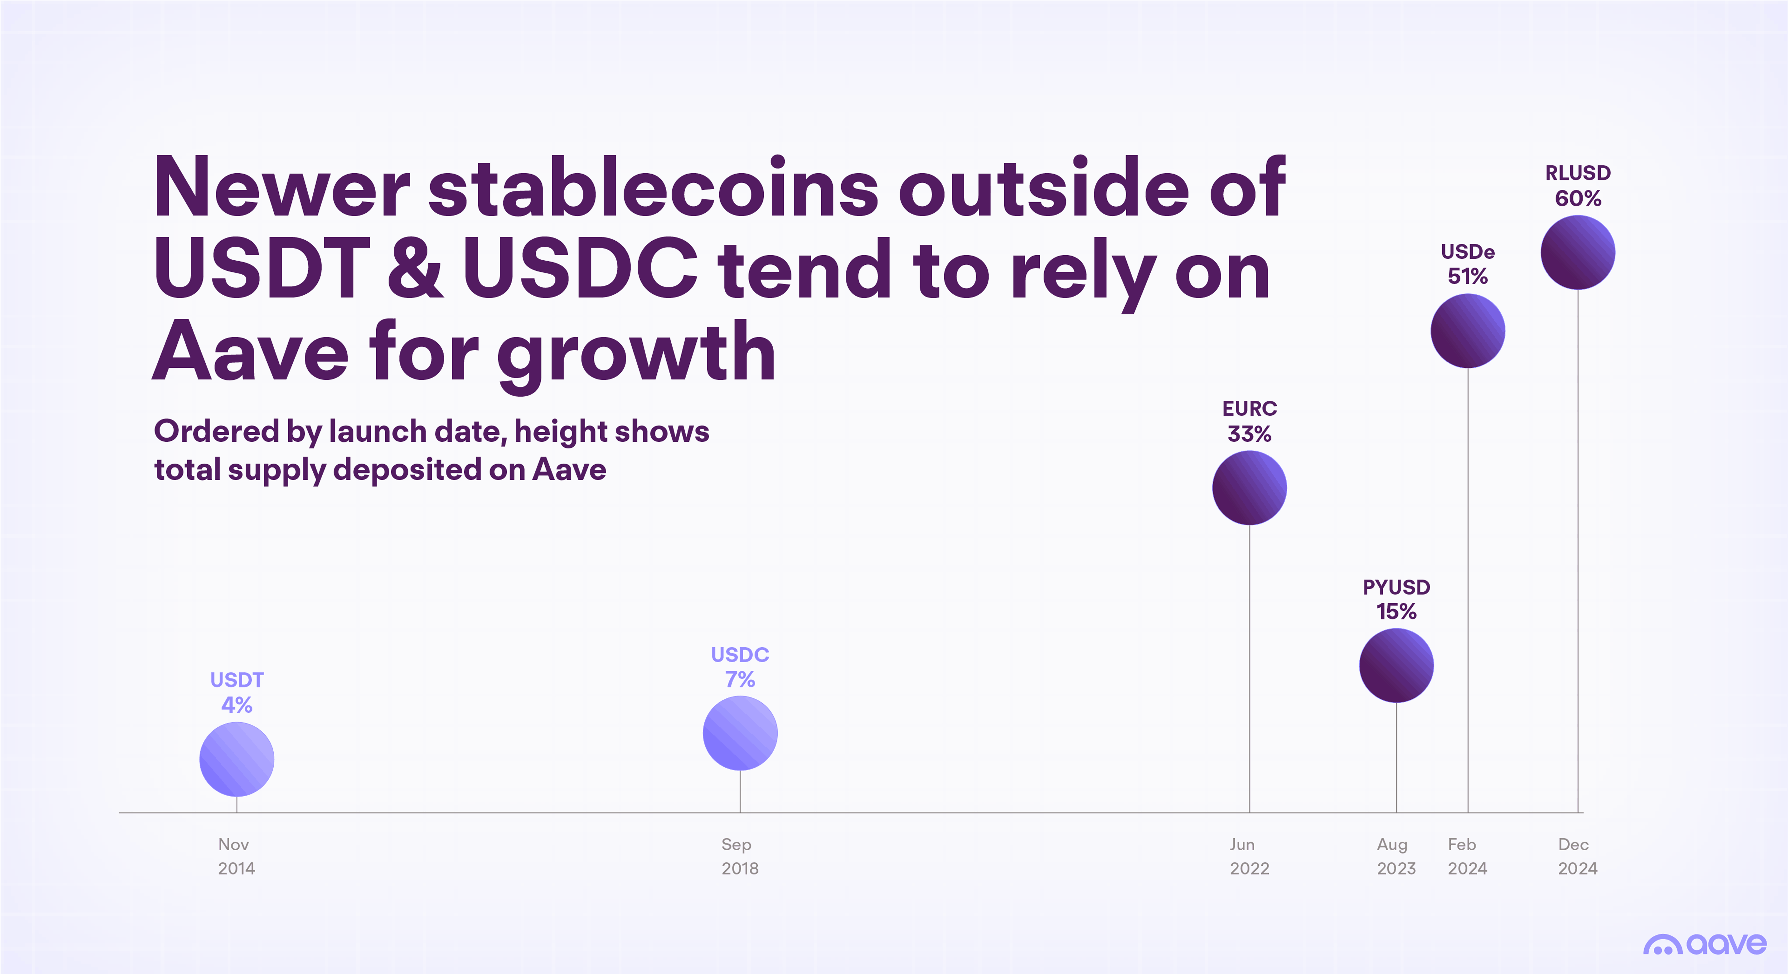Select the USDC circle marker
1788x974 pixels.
coord(740,733)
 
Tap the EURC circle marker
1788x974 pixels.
coord(1249,487)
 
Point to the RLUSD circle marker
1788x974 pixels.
coord(1578,252)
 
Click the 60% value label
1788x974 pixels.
coord(1578,199)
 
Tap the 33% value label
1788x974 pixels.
coord(1249,434)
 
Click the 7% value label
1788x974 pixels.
coord(740,680)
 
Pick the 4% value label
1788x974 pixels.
coord(237,705)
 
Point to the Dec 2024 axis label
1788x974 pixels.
coord(1577,856)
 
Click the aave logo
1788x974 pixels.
coord(1705,944)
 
